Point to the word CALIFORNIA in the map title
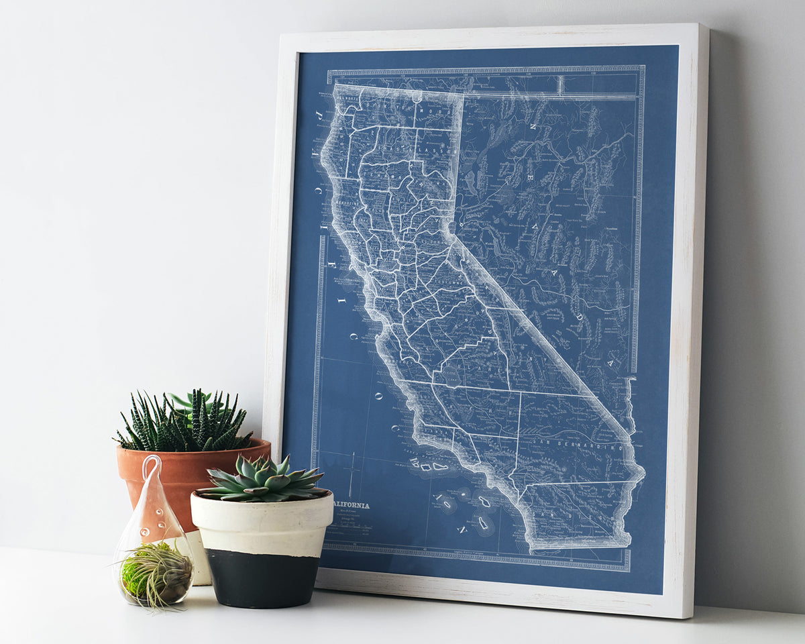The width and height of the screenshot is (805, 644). [350, 505]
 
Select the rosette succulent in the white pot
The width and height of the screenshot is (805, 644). [264, 479]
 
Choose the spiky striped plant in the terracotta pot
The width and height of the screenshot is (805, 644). [184, 423]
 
